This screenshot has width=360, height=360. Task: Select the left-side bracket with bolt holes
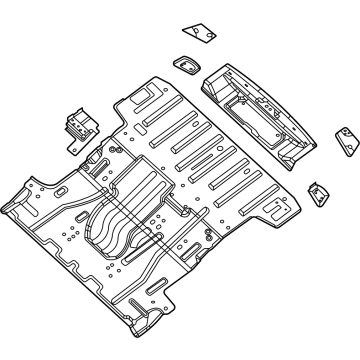[77, 125]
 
